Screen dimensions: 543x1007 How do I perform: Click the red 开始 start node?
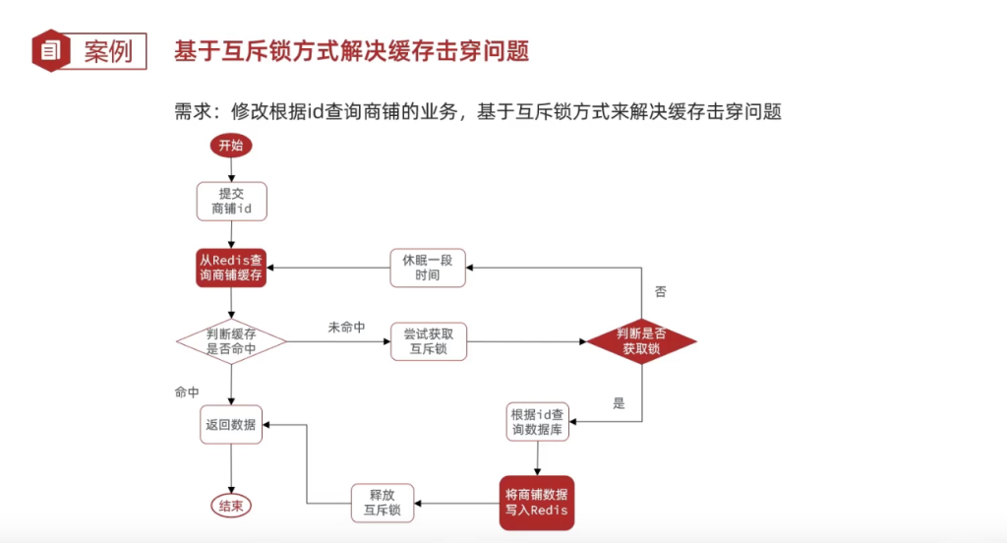pyautogui.click(x=231, y=146)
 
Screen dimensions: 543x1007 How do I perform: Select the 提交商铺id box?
pyautogui.click(x=231, y=201)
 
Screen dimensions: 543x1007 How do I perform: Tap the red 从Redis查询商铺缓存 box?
pyautogui.click(x=231, y=268)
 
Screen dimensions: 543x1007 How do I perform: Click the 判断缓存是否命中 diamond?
pyautogui.click(x=231, y=341)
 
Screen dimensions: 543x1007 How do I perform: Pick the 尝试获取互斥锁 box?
pyautogui.click(x=428, y=341)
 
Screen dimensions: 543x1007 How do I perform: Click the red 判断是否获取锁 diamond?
pyautogui.click(x=641, y=341)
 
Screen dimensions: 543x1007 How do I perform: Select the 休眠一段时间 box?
pyautogui.click(x=428, y=268)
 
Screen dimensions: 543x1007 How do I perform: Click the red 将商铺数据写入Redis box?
pyautogui.click(x=537, y=502)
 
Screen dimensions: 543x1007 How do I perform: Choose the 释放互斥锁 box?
pyautogui.click(x=383, y=503)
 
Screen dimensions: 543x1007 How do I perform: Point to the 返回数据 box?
pyautogui.click(x=231, y=425)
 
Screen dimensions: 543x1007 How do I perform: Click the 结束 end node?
pyautogui.click(x=231, y=506)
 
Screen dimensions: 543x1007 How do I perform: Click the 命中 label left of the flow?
pyautogui.click(x=187, y=392)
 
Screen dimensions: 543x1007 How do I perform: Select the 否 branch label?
pyautogui.click(x=660, y=292)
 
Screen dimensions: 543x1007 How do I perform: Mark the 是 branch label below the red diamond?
pyautogui.click(x=619, y=403)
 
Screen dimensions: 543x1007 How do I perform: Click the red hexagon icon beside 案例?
pyautogui.click(x=50, y=50)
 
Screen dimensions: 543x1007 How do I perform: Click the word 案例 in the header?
pyautogui.click(x=107, y=51)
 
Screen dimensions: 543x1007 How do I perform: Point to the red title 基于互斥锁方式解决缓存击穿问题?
pyautogui.click(x=351, y=50)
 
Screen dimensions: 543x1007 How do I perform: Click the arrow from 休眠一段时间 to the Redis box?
pyautogui.click(x=329, y=268)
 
